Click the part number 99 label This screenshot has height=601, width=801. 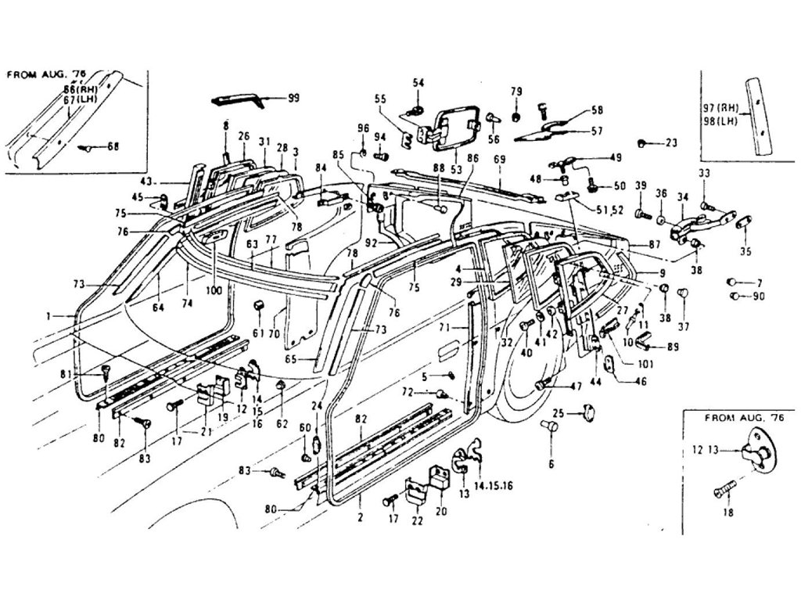tap(293, 98)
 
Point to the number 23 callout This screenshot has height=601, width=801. tap(670, 142)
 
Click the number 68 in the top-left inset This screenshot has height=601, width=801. tap(114, 146)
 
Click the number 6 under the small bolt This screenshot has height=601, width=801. tap(551, 465)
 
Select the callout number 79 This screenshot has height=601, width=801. tap(515, 92)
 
